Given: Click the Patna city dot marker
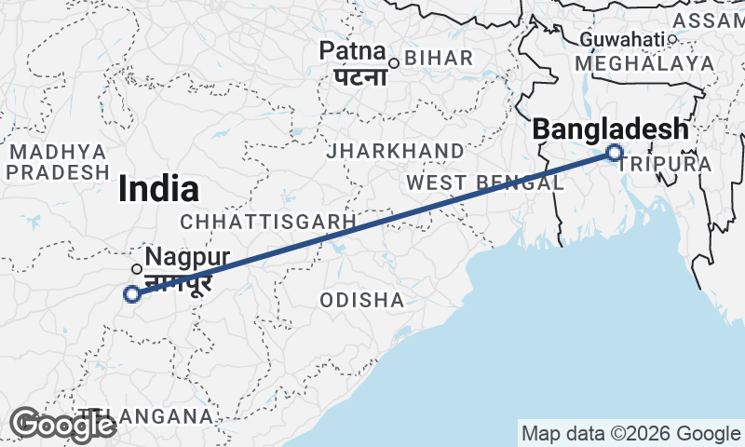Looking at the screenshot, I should point(394,63).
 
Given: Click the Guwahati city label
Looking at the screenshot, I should point(622,39).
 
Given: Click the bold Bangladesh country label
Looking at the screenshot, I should point(610,129).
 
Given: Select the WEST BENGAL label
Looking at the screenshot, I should point(484,183).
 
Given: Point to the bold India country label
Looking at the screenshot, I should point(158,189).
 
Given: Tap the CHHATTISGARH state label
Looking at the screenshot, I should point(269,222).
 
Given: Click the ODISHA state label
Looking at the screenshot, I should point(362,300).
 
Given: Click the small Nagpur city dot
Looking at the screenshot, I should point(137,269).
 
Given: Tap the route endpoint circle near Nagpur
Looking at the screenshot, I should point(132,294).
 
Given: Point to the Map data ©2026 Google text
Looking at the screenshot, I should point(630,433).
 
